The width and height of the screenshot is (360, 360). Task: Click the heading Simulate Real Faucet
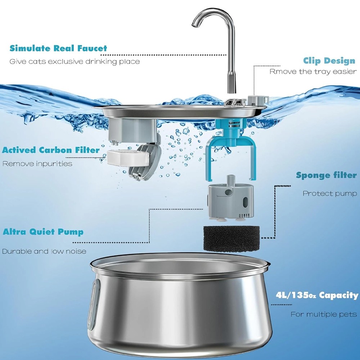click(58, 49)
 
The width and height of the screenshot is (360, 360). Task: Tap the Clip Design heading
click(329, 61)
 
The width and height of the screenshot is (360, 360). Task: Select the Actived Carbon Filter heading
click(51, 150)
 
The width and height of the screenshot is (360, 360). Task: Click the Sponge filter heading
click(326, 175)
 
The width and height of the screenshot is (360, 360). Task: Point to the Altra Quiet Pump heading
click(43, 232)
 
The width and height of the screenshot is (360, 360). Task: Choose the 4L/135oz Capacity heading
click(317, 295)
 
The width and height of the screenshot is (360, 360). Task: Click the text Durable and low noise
click(44, 251)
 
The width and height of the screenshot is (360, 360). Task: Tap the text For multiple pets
click(324, 314)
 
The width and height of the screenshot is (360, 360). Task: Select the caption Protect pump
click(330, 193)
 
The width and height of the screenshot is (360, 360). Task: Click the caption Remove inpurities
click(37, 164)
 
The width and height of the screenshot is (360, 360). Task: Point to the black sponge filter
click(231, 239)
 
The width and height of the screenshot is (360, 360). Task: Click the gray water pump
click(231, 200)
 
